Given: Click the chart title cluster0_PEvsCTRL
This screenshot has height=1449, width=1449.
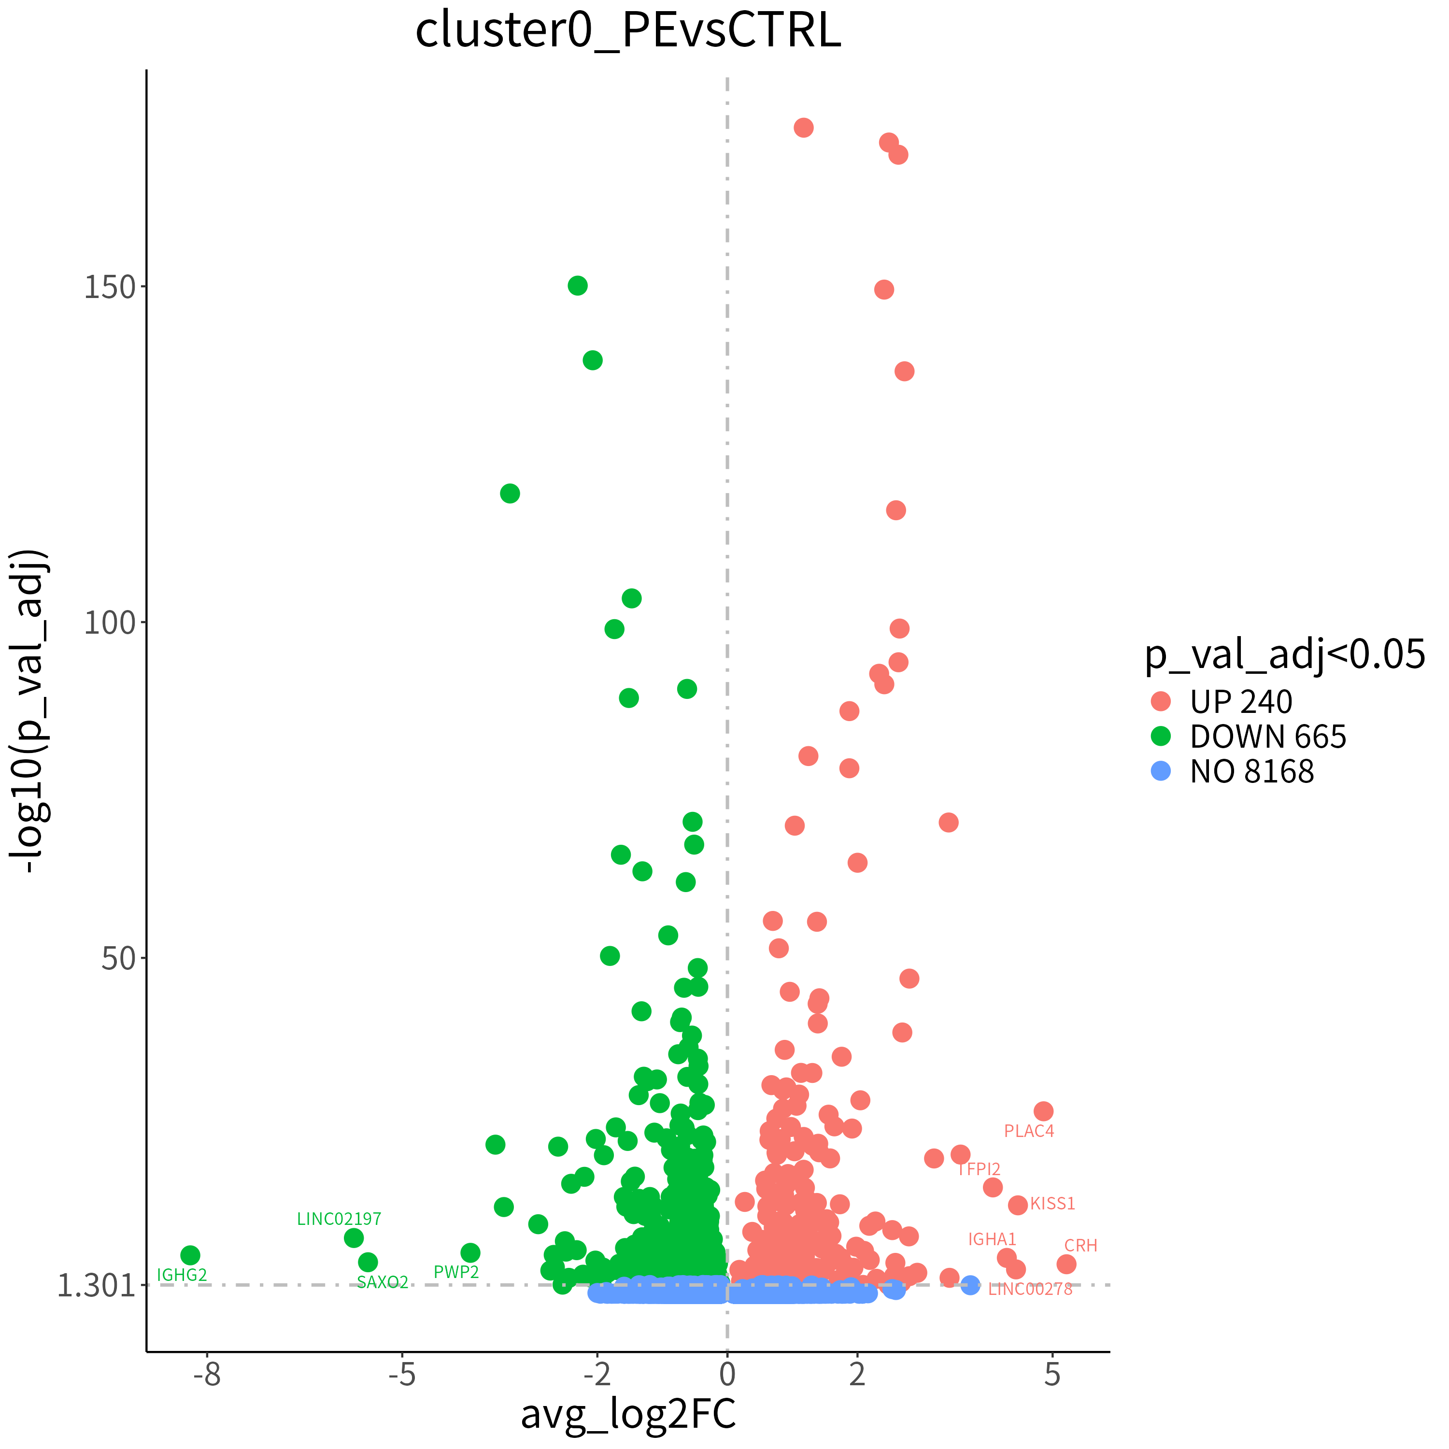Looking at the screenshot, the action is (x=628, y=31).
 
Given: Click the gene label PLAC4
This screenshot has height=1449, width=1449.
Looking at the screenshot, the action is (x=1029, y=1131).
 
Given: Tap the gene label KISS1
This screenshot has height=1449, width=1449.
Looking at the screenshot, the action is (x=1052, y=1204).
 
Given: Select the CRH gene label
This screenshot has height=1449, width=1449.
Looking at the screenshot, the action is (x=1081, y=1246).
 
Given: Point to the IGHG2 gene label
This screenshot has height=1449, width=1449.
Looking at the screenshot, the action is (x=182, y=1275).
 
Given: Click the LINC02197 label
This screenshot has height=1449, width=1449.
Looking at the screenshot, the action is (x=339, y=1219).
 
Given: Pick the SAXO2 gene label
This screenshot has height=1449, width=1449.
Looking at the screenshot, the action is (x=383, y=1282).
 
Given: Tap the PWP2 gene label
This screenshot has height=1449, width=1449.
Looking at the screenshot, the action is (x=456, y=1272).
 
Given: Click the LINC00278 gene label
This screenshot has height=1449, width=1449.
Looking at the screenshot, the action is (x=1031, y=1289).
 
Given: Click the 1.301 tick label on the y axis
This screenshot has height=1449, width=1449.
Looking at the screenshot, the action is (x=96, y=1285).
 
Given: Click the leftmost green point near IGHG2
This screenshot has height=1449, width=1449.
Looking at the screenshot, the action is (x=190, y=1255).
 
